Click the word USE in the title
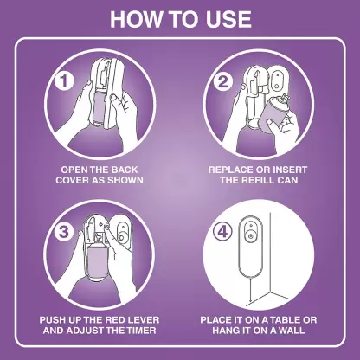[228, 19]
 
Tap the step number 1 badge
[64, 80]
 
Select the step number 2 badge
[222, 81]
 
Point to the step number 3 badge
[64, 232]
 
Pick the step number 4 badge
[222, 232]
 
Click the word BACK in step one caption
[125, 170]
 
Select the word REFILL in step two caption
[258, 180]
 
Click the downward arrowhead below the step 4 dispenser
[250, 304]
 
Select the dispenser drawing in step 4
[250, 246]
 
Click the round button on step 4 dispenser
[250, 236]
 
